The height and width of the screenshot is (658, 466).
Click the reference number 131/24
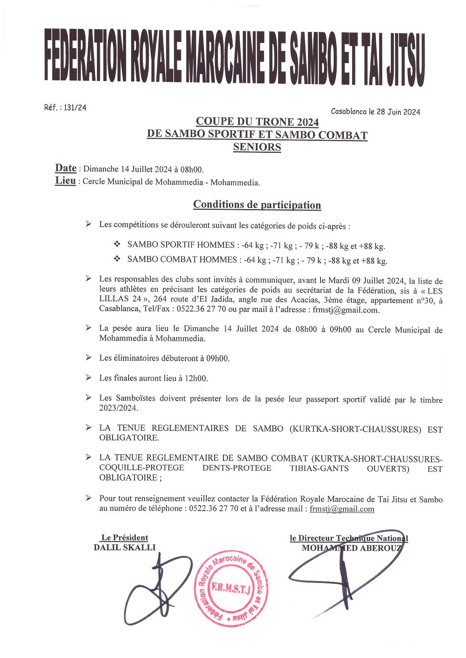[x=75, y=108]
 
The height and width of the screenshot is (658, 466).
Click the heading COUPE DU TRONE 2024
[x=257, y=122]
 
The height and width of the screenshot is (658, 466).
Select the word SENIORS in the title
[x=257, y=147]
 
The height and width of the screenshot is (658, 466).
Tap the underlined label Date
[x=66, y=168]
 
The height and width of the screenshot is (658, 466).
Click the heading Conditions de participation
[x=257, y=205]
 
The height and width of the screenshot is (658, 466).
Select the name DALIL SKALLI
[x=124, y=547]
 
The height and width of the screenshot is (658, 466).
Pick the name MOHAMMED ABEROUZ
[x=352, y=548]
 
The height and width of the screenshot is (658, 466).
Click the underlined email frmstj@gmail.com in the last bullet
[x=342, y=509]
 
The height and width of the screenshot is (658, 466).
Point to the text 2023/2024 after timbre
[x=118, y=408]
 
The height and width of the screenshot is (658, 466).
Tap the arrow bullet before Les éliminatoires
[x=88, y=357]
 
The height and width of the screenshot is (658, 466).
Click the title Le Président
[x=125, y=538]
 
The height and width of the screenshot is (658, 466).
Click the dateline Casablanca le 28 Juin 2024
[x=375, y=111]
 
